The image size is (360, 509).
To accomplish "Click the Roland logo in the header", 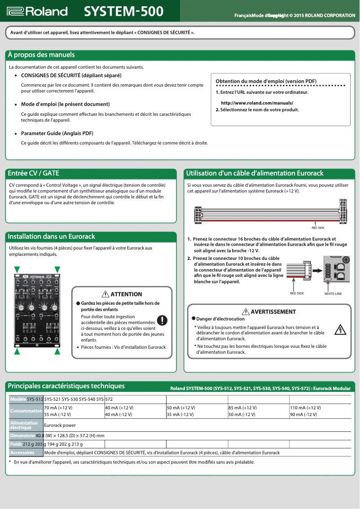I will coord(37,11).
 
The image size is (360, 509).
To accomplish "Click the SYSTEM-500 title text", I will coord(124,11).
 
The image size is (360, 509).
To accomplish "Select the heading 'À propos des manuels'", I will coord(41,55).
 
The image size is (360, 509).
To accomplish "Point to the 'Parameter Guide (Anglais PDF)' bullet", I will coord(57,133).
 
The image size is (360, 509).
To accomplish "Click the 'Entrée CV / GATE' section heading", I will coord(34,173).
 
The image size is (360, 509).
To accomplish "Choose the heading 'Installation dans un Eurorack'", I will coord(52,237).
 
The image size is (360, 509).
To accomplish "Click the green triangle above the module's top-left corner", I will coord(17,269).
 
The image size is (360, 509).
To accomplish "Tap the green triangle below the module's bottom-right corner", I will coord(57,352).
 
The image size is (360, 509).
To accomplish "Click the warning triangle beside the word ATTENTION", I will coord(105,294).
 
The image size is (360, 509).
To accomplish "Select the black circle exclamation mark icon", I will coord(162,320).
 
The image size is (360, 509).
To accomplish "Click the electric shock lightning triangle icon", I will coord(341,330).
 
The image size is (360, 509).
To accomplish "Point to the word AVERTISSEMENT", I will coord(273,312).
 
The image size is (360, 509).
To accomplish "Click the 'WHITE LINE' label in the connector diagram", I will coord(333,294).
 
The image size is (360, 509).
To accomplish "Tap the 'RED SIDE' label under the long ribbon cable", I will coord(318,228).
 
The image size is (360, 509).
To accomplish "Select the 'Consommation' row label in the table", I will coord(26,411).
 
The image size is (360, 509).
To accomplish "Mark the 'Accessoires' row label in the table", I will coord(22,452).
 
